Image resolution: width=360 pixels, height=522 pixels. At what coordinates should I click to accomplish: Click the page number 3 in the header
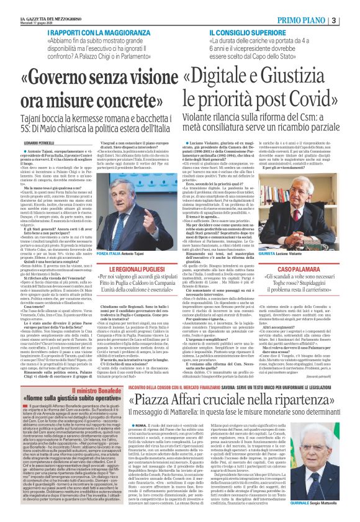coord(351,20)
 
